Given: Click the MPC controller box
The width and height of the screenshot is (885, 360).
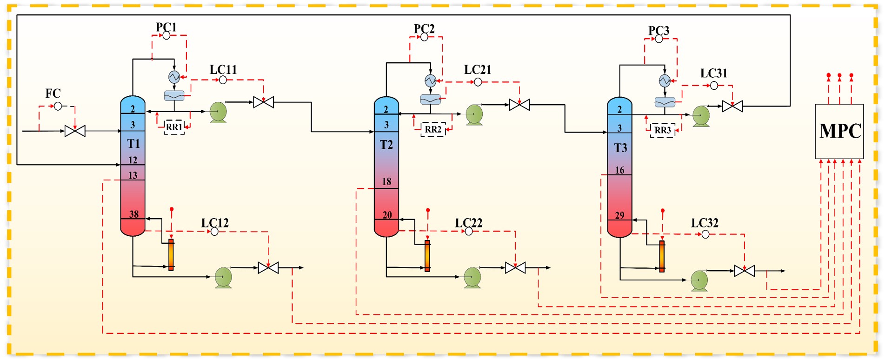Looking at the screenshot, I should point(839,131).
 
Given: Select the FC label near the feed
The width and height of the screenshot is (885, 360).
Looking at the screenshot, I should point(53,93).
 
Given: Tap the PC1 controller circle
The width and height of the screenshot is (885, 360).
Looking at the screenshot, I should point(166,35).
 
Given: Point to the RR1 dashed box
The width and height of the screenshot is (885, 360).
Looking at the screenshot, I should point(174,127).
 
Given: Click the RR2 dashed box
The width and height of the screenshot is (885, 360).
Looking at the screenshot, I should point(433,129).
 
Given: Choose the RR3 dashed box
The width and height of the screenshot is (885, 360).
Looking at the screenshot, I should point(662,130).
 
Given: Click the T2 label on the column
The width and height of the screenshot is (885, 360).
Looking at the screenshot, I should point(386,145).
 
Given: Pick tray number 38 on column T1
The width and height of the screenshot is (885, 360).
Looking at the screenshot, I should point(134,214).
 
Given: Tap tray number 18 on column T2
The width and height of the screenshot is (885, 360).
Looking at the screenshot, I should point(386,181).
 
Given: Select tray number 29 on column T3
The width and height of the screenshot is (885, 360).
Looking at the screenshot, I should point(619,215).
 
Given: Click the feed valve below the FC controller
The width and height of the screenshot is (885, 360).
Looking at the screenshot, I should point(75,131).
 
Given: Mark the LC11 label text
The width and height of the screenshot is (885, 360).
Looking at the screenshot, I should point(223,70).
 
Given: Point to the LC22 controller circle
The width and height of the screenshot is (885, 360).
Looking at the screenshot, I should point(469,231).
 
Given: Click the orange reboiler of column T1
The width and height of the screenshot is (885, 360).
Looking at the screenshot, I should point(171,254).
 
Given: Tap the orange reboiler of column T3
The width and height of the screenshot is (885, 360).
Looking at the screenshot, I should point(662,256).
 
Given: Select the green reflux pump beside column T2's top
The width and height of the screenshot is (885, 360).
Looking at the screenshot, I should point(474,114).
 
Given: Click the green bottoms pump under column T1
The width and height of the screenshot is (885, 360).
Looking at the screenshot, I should point(223,277).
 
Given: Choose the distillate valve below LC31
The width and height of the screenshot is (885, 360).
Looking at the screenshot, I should point(732,107).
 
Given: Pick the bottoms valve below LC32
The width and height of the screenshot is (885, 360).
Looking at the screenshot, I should point(744,271).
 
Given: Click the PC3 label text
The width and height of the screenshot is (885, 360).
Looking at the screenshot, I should point(659,31).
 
